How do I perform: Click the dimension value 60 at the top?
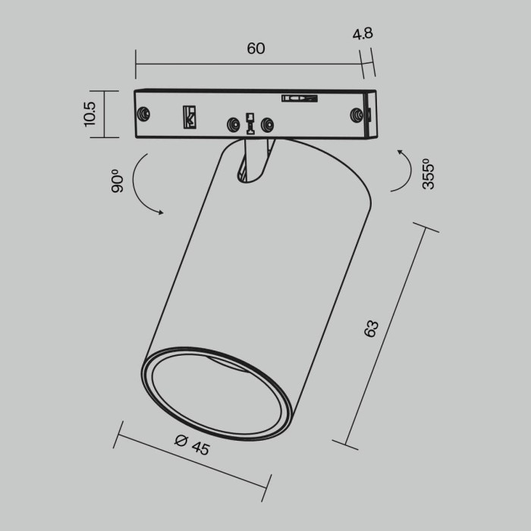[256, 49]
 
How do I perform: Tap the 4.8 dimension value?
[363, 34]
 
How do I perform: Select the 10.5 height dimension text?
[90, 115]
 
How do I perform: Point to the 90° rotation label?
[117, 181]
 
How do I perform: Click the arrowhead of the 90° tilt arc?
[161, 213]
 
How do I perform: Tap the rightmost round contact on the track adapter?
[354, 113]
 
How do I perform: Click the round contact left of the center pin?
[233, 124]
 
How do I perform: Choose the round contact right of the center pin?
[266, 124]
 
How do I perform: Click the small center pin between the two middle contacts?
[250, 123]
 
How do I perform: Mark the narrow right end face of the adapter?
[369, 115]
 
